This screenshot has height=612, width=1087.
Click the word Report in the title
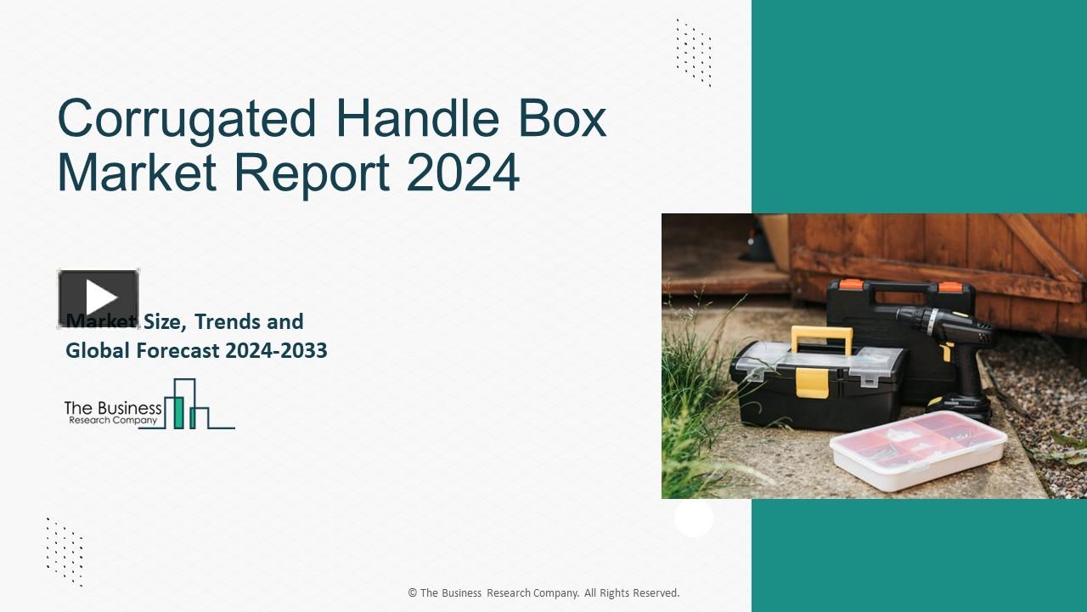[312, 173]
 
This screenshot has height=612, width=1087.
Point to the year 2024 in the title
[463, 173]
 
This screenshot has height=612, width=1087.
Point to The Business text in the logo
[112, 408]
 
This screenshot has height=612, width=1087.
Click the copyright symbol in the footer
[412, 593]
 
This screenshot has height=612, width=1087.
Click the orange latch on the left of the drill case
[848, 286]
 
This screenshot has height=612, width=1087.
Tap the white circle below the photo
[694, 518]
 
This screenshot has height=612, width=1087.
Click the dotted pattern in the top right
[694, 53]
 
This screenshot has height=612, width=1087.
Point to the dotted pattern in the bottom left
[65, 552]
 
